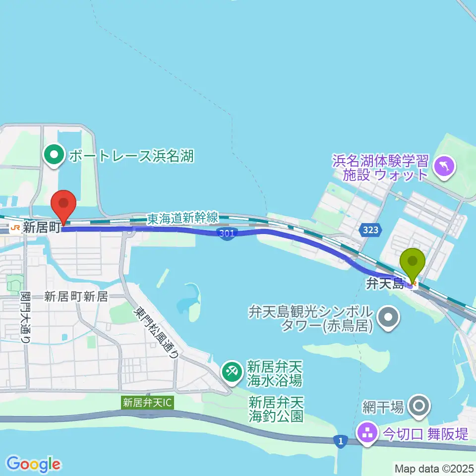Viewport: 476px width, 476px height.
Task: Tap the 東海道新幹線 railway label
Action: [182, 217]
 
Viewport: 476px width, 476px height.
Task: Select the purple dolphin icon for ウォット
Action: [444, 165]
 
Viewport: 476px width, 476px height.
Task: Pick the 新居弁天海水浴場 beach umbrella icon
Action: [231, 370]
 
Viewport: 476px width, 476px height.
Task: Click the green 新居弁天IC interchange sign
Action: [147, 403]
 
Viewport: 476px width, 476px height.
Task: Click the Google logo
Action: [33, 464]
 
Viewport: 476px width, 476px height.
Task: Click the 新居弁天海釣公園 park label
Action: [276, 409]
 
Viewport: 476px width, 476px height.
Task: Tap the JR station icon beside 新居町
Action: [14, 228]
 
